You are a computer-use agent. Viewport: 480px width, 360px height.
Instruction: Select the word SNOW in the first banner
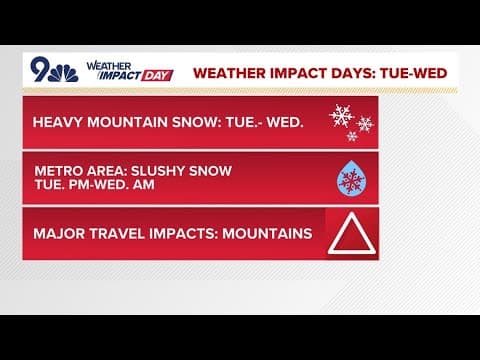(203, 123)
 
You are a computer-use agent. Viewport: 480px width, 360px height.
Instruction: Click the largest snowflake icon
(342, 116)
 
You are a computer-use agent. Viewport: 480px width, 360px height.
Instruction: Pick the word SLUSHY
(162, 171)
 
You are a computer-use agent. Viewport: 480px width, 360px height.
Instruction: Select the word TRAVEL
(120, 234)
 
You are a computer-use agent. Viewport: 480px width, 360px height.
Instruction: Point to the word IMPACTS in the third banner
(191, 234)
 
